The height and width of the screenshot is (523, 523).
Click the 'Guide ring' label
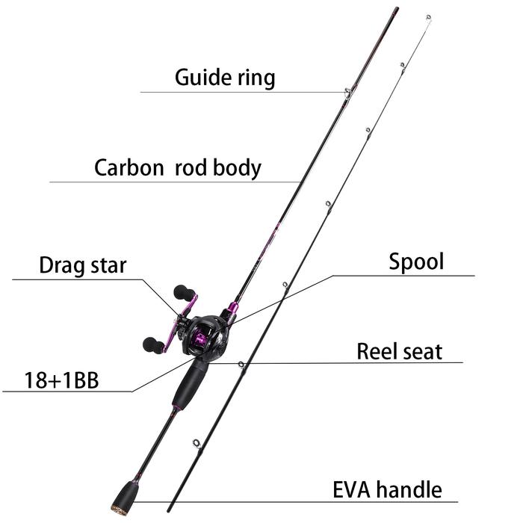[x=225, y=77]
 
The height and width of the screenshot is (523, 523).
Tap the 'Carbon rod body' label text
[x=177, y=167]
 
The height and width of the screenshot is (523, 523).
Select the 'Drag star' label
[x=83, y=265]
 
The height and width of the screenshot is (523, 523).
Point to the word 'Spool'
[x=416, y=262]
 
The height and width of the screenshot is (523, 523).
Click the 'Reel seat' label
[x=399, y=351]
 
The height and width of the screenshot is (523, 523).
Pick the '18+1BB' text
[x=51, y=380]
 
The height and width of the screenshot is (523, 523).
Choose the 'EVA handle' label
[x=386, y=490]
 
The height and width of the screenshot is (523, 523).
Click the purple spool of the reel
[x=201, y=343]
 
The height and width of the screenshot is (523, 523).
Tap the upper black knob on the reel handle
[x=182, y=291]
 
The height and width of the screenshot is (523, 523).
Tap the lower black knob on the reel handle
[x=152, y=344]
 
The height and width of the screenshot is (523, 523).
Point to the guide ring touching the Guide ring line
[x=348, y=93]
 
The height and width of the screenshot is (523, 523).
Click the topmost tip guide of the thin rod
[x=427, y=16]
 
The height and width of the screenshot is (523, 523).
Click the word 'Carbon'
[x=129, y=167]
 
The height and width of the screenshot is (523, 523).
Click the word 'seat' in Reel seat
[x=422, y=351]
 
